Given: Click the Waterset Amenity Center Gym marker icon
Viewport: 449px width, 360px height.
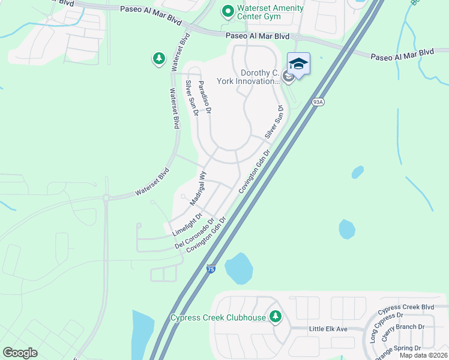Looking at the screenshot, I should [228, 11].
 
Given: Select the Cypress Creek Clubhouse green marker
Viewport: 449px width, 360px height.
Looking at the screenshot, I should [276, 316].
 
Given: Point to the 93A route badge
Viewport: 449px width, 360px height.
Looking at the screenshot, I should [318, 103].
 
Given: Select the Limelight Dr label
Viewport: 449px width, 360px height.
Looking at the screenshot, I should [187, 224].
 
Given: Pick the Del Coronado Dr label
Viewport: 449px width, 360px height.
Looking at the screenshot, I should [195, 233].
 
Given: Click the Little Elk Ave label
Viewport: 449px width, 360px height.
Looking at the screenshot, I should [328, 329].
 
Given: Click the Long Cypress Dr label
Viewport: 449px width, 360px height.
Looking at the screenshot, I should [382, 327].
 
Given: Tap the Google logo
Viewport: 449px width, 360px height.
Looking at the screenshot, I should [20, 353].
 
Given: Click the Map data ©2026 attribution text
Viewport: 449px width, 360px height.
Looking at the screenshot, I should [424, 356].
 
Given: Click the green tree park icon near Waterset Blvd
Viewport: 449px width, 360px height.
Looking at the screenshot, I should [158, 58].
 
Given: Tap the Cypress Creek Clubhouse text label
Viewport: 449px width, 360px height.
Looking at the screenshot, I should [218, 317].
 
